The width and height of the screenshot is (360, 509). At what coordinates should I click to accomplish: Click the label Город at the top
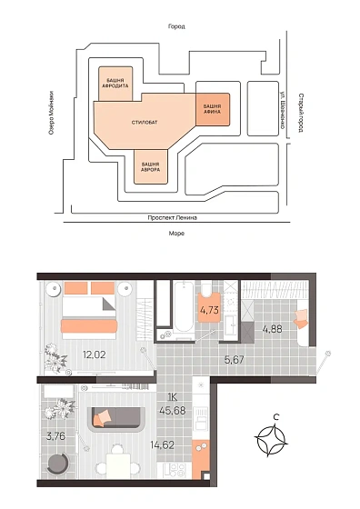tap(176, 26)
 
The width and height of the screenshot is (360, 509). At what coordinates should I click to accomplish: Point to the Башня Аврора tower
tap(151, 166)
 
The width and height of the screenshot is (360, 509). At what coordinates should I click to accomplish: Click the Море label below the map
tap(176, 233)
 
